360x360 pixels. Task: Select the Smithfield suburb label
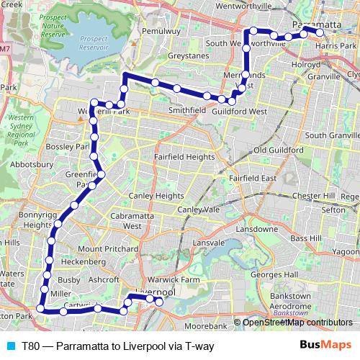tap(187, 111)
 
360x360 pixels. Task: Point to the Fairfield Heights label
tap(184, 156)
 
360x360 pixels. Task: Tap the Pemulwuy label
tap(160, 32)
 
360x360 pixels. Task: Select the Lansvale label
tap(209, 243)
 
